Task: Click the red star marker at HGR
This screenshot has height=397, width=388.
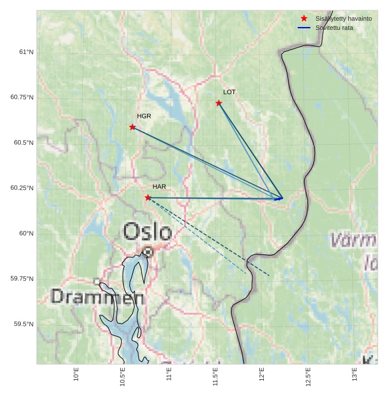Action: (x=133, y=127)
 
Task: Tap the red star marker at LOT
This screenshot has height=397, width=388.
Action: (x=219, y=103)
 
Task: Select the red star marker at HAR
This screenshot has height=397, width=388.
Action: (x=148, y=198)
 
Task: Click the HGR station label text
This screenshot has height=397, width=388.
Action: (x=144, y=116)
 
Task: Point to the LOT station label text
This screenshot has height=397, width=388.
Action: (x=229, y=92)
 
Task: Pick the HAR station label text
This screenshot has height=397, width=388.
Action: (x=159, y=187)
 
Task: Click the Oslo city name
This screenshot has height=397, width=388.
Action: (x=147, y=232)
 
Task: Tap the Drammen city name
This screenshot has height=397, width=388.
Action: (x=98, y=297)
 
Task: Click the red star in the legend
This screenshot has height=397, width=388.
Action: (x=304, y=18)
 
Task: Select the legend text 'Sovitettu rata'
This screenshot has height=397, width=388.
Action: (x=334, y=28)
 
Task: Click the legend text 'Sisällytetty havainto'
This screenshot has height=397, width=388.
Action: (x=343, y=18)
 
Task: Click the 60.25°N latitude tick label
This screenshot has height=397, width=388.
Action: (x=22, y=188)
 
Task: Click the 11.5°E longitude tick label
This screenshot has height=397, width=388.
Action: (x=216, y=377)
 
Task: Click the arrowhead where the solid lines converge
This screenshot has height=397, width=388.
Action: (x=281, y=198)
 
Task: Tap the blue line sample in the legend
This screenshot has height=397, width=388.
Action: (x=304, y=28)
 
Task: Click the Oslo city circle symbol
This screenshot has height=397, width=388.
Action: (x=148, y=252)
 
